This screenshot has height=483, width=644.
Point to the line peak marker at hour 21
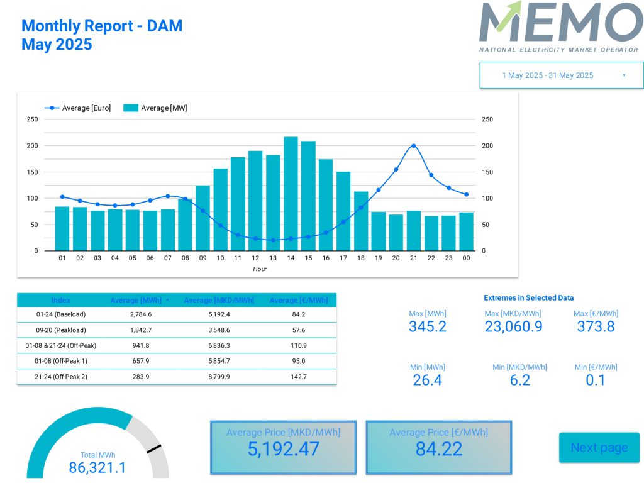click(413, 146)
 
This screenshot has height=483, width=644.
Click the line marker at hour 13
click(273, 240)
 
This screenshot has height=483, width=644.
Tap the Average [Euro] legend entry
click(78, 108)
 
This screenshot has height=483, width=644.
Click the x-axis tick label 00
click(466, 258)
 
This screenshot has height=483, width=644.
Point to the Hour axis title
click(260, 269)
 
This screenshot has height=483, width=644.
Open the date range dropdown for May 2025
click(562, 75)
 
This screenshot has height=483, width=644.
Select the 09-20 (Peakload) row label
click(61, 330)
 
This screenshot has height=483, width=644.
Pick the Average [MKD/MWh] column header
click(219, 301)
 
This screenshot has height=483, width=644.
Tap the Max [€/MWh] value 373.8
click(596, 326)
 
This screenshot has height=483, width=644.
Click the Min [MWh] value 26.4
click(428, 380)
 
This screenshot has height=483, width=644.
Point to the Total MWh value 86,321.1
click(97, 468)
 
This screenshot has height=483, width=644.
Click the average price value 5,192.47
click(283, 449)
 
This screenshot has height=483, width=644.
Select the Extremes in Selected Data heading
click(528, 298)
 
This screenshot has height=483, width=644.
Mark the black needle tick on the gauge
click(153, 449)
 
